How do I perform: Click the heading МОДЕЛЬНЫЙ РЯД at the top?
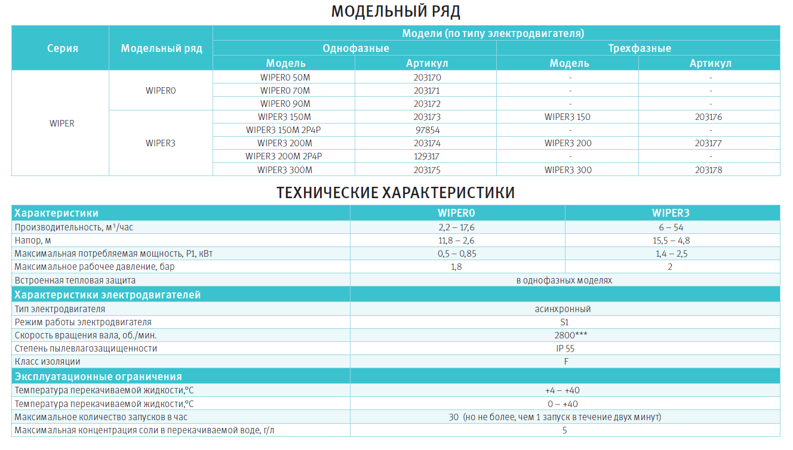pyautogui.click(x=396, y=12)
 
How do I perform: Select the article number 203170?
pyautogui.click(x=426, y=78)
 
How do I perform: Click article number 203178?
pyautogui.click(x=709, y=170)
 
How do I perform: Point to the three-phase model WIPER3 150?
pyautogui.click(x=567, y=117)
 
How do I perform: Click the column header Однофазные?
pyautogui.click(x=355, y=48)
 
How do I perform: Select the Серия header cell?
pyautogui.click(x=63, y=48)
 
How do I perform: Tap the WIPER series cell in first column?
pyautogui.click(x=62, y=124)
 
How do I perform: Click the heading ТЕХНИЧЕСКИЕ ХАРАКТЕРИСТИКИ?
pyautogui.click(x=396, y=193)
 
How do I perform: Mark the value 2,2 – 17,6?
pyautogui.click(x=456, y=227)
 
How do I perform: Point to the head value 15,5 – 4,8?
pyautogui.click(x=671, y=241)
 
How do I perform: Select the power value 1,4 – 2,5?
pyautogui.click(x=671, y=254)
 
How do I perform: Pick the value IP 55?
pyautogui.click(x=564, y=349)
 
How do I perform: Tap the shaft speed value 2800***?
pyautogui.click(x=564, y=335)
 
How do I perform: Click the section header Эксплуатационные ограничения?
pyautogui.click(x=99, y=377)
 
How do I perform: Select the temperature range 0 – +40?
pyautogui.click(x=563, y=404)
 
